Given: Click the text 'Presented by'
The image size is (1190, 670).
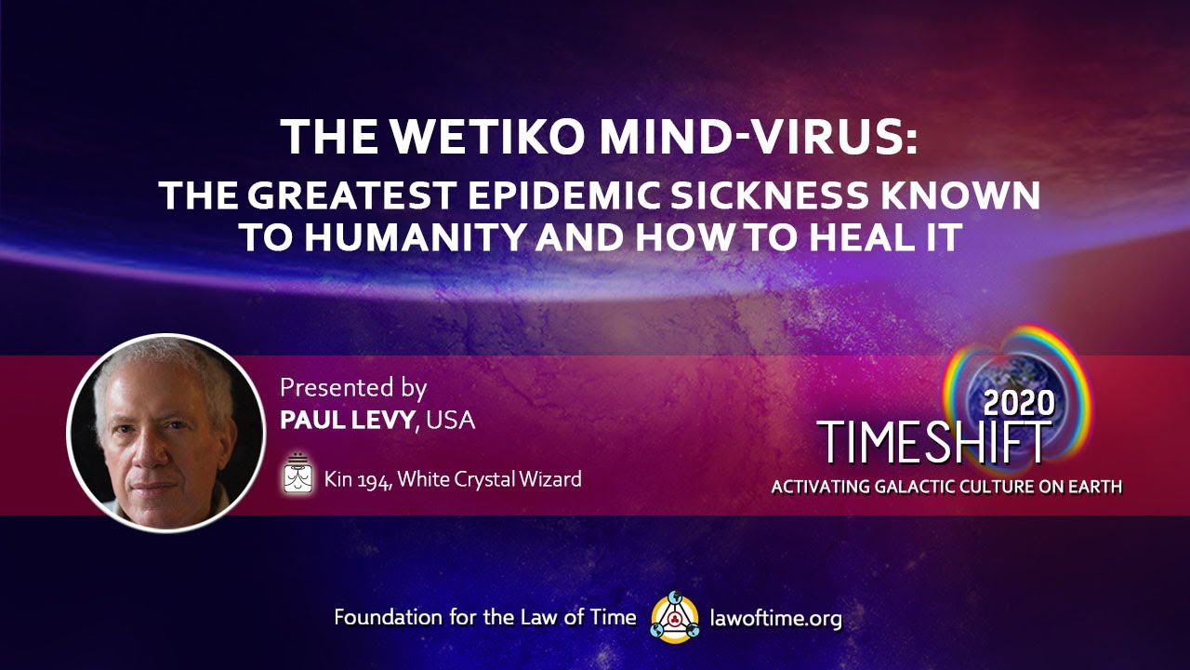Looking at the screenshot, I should (x=353, y=387).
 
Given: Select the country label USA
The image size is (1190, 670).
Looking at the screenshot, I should (x=452, y=420).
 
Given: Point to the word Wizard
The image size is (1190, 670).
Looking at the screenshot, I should (x=549, y=479).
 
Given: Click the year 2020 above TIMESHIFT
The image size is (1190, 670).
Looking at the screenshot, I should (x=1018, y=402).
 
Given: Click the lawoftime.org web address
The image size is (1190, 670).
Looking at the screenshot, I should (x=775, y=617).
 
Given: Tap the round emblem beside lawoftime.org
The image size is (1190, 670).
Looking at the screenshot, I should (x=675, y=617).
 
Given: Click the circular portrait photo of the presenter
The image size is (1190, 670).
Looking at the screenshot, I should (x=166, y=433).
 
